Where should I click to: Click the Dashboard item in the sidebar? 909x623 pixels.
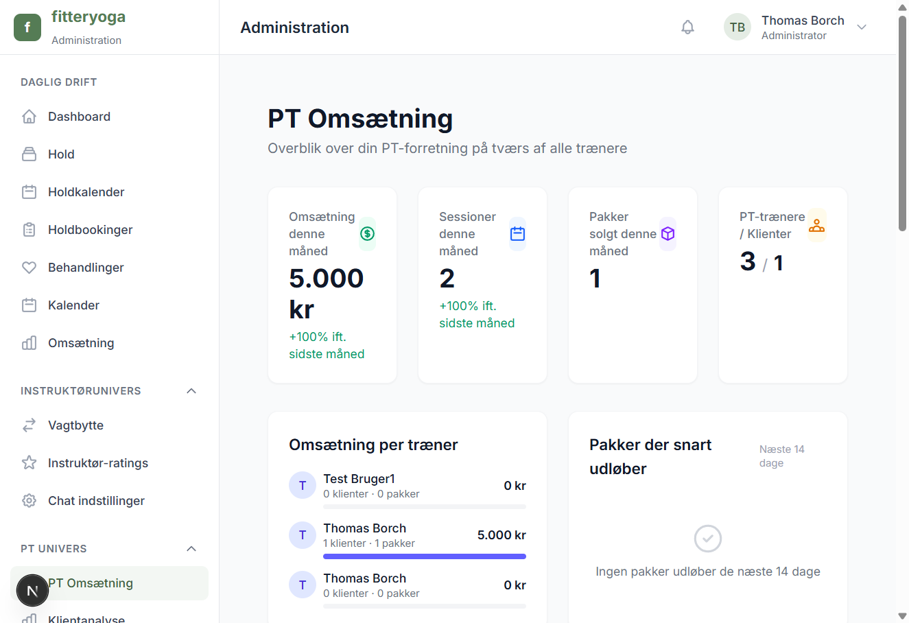coord(79,117)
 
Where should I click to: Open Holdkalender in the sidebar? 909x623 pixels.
coord(86,192)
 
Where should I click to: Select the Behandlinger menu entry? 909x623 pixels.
coord(86,268)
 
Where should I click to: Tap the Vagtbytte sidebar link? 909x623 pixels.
coord(75,425)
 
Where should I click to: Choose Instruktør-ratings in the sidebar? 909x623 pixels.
coord(97,463)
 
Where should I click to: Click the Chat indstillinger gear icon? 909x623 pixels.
coord(29,501)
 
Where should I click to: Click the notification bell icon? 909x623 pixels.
coord(687,27)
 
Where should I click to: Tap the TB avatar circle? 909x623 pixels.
coord(737,27)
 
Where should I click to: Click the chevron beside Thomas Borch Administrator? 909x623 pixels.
coord(862,27)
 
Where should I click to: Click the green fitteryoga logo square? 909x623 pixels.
coord(27,27)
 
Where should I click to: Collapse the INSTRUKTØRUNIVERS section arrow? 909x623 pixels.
coord(191,391)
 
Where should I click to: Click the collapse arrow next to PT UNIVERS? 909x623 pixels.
coord(191,549)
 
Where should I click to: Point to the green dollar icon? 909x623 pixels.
coord(368,234)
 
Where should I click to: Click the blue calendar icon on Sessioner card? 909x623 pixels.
coord(518,234)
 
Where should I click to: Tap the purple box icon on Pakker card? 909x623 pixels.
coord(668,234)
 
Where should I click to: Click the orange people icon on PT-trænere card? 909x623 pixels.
coord(816,225)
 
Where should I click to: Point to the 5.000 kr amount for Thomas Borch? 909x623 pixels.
coord(501,535)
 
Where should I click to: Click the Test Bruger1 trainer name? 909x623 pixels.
coord(359,479)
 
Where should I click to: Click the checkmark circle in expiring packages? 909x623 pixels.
coord(708,539)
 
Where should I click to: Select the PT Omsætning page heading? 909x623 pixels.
coord(360,119)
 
